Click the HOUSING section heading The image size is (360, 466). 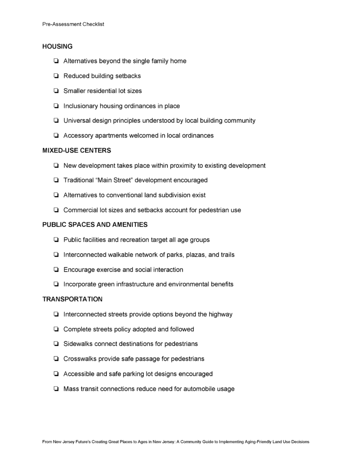click(57, 46)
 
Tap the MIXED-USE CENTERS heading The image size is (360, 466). click(77, 150)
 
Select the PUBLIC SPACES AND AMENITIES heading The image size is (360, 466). click(95, 224)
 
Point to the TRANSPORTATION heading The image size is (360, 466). click(72, 299)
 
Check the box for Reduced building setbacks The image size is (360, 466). click(56, 76)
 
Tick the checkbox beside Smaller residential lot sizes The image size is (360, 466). click(56, 91)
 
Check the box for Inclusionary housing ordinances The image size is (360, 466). click(56, 106)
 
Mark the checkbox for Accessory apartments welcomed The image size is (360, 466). click(56, 136)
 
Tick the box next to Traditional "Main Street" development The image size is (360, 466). click(56, 180)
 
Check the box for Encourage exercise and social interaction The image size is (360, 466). click(56, 269)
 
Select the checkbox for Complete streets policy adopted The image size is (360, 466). click(56, 329)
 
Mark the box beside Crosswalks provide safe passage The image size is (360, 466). click(56, 359)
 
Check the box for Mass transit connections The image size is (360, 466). click(56, 389)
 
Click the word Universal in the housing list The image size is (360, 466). click(77, 121)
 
